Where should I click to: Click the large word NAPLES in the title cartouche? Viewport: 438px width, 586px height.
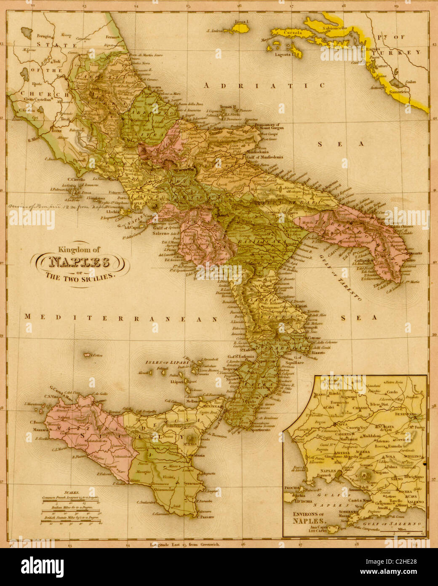click(x=79, y=263)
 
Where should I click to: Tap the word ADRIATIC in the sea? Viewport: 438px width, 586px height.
click(x=264, y=86)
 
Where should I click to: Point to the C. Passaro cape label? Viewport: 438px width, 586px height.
click(x=205, y=516)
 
